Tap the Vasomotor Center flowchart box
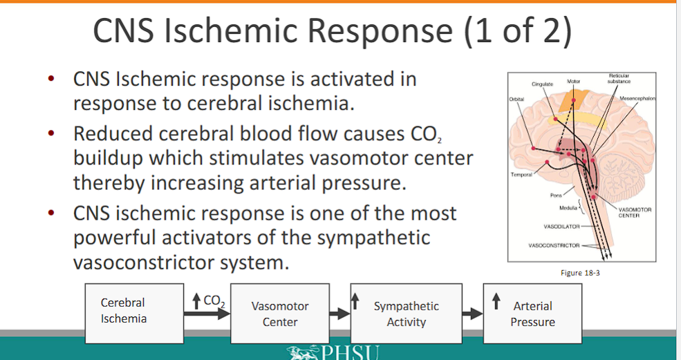(x=280, y=314)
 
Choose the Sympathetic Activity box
(x=406, y=314)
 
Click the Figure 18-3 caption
(x=579, y=273)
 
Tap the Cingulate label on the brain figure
(x=542, y=84)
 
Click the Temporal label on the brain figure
(x=521, y=174)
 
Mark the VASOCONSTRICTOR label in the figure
(x=554, y=245)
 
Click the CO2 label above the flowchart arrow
(x=215, y=300)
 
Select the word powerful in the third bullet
(x=118, y=238)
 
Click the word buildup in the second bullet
(x=106, y=158)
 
